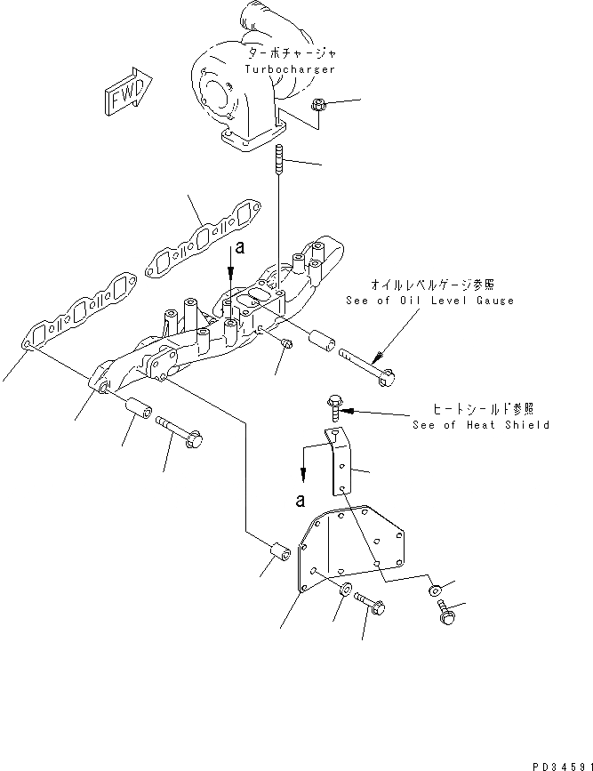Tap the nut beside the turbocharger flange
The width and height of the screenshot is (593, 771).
tap(320, 108)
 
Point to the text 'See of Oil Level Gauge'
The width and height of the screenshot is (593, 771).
tap(429, 301)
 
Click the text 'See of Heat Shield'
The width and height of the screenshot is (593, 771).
tap(481, 425)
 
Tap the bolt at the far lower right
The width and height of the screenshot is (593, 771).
tap(444, 613)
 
